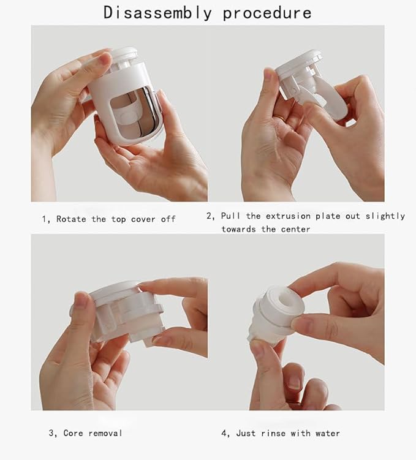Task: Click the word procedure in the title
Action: tap(267, 12)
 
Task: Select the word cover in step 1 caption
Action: tap(143, 219)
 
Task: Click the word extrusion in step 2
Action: tap(289, 216)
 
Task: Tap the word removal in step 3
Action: tap(105, 433)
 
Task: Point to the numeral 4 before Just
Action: tap(224, 433)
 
